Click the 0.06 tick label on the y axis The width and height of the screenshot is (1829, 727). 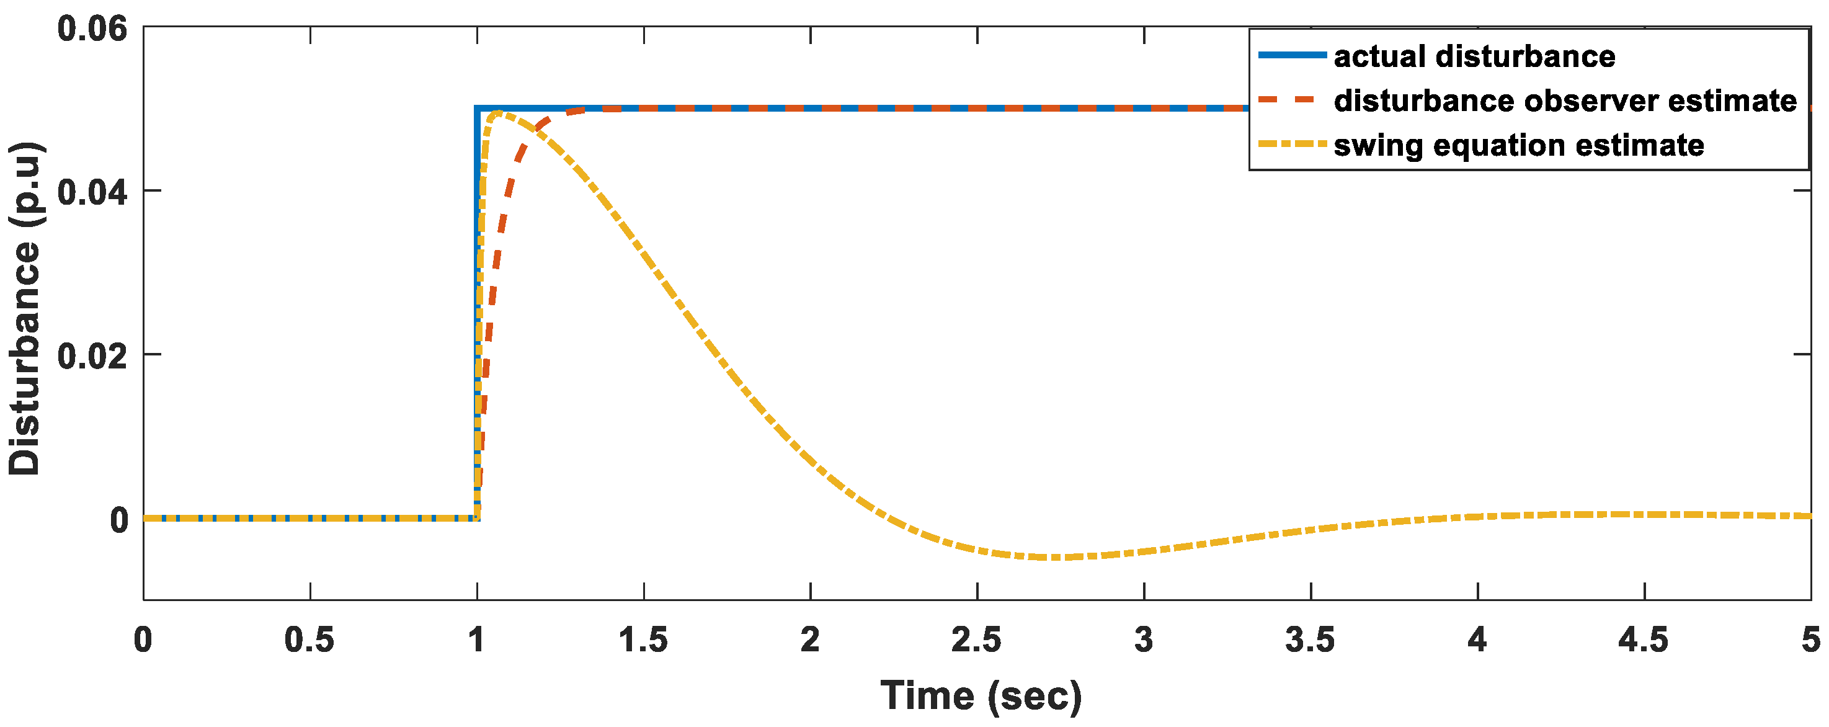pos(92,29)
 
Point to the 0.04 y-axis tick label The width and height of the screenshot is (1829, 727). pos(92,192)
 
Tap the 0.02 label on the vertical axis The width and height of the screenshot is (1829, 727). pos(92,355)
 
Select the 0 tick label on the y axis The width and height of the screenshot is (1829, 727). pos(118,520)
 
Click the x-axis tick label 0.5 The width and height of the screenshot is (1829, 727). pos(309,640)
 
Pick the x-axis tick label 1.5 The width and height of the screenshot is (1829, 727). pos(643,640)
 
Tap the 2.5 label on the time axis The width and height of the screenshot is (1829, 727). pos(976,640)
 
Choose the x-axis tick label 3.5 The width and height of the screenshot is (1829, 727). pos(1310,640)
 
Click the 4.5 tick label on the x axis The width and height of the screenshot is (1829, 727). pos(1643,640)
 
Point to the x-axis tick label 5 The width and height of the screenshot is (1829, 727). pos(1810,640)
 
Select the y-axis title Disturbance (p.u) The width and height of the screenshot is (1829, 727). pos(25,309)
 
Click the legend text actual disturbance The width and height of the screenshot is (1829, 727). pos(1474,56)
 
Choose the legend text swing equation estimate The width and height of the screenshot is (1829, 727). pos(1519,145)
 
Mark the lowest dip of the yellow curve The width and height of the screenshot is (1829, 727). pos(1056,557)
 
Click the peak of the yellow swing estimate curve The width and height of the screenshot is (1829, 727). pos(497,113)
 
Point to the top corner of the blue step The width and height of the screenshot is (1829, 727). pos(477,109)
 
